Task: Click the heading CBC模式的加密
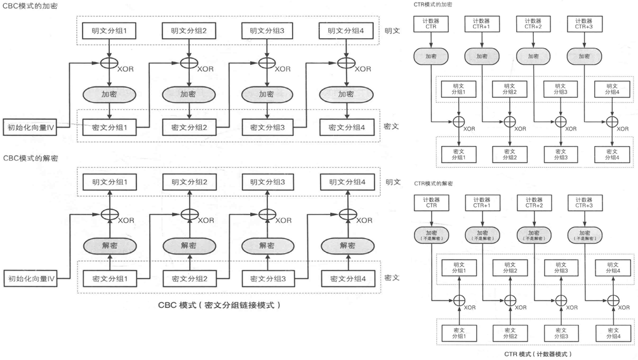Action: click(x=30, y=6)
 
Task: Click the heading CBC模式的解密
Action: click(x=30, y=158)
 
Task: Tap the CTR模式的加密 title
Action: click(x=432, y=4)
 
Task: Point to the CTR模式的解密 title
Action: click(x=434, y=183)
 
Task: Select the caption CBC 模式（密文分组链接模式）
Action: click(x=219, y=305)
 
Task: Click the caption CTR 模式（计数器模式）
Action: click(x=538, y=354)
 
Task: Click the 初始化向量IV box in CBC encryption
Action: click(x=30, y=128)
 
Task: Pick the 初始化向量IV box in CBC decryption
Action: click(x=30, y=279)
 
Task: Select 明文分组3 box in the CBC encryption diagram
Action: click(x=267, y=30)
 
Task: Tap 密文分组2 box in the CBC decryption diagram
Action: click(x=190, y=279)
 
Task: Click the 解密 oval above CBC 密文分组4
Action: click(x=347, y=245)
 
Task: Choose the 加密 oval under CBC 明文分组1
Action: click(x=109, y=94)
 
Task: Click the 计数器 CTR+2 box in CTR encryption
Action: click(x=533, y=24)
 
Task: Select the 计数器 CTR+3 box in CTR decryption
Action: click(x=584, y=203)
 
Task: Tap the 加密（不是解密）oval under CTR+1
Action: click(x=482, y=235)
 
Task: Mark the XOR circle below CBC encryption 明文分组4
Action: click(x=346, y=63)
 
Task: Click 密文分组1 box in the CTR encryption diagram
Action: click(x=459, y=154)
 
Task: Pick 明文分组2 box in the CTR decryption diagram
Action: click(x=510, y=268)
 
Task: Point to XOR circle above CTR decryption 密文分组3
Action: click(x=561, y=300)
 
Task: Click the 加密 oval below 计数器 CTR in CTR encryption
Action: click(x=431, y=56)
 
